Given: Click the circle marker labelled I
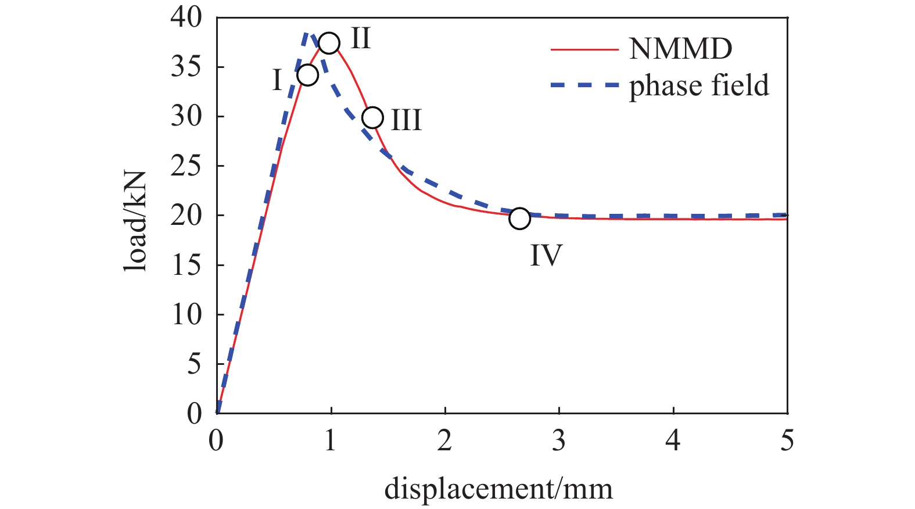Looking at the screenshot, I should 307,75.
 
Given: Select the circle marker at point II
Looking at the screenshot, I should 329,43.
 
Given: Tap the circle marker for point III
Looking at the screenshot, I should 372,117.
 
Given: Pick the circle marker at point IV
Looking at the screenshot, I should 519,218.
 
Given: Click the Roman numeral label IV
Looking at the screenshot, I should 546,255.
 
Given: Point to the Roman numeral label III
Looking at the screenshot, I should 406,120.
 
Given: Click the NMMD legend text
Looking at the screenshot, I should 680,49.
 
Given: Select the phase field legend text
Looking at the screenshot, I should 699,85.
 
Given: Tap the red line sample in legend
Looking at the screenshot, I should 584,49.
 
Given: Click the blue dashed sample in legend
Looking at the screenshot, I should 584,85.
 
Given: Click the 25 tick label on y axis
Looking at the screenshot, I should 186,166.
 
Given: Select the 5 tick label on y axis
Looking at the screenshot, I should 193,364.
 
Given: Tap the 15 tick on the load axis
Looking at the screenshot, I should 186,266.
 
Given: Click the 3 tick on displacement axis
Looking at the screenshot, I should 558,441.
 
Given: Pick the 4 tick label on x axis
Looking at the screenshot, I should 673,441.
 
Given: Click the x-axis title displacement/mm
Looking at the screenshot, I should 498,489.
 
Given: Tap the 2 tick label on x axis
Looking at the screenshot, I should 444,441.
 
